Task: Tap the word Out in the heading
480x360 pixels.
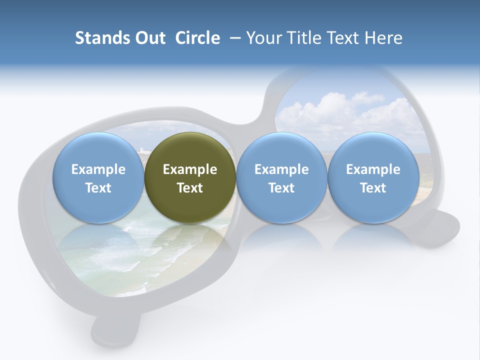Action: [x=149, y=38]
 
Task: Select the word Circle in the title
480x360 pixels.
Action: [x=197, y=38]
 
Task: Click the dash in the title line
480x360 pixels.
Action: [x=235, y=38]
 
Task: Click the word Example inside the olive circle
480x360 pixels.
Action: [x=190, y=169]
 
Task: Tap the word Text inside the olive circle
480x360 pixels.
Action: [x=190, y=188]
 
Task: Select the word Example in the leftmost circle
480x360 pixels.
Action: [x=98, y=169]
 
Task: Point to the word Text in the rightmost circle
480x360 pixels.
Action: [x=373, y=188]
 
